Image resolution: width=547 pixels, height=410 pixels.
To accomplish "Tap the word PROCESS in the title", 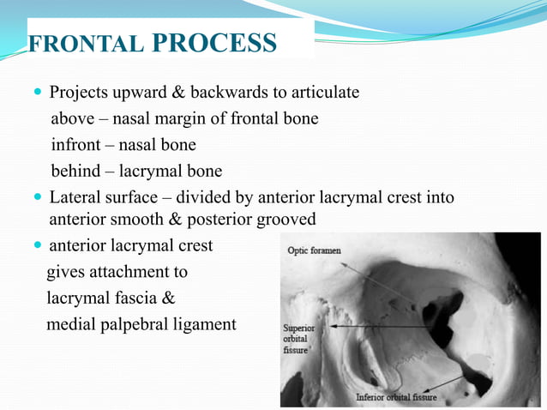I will (216, 43).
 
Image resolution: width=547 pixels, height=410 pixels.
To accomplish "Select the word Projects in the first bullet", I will (78, 92).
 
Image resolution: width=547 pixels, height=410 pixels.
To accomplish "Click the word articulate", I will (327, 92).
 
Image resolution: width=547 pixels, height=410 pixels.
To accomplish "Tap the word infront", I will (76, 145).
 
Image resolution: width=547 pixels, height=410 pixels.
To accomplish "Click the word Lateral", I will (76, 198).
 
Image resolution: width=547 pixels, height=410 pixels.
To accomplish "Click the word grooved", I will (286, 220).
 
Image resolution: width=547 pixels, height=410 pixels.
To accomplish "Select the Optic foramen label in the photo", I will (313, 251).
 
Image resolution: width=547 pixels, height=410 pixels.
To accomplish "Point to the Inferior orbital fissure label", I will (396, 398).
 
